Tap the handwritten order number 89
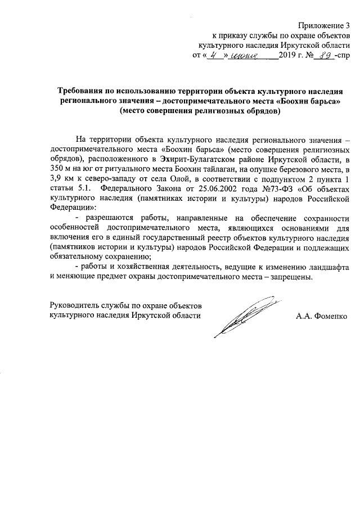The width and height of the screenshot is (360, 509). click(322, 56)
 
